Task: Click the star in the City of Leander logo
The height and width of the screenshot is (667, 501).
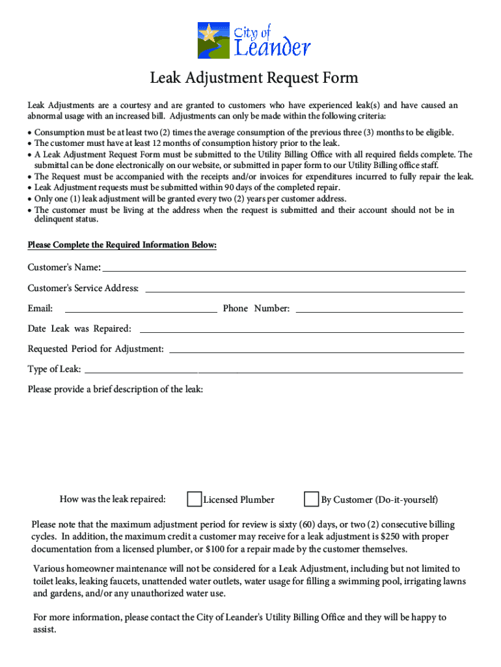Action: click(x=209, y=32)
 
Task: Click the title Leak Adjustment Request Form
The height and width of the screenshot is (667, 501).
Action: click(x=254, y=79)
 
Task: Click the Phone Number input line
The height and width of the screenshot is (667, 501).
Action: click(x=379, y=308)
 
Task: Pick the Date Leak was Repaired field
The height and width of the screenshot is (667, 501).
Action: click(x=301, y=328)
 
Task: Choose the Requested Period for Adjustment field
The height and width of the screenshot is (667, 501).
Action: click(x=316, y=348)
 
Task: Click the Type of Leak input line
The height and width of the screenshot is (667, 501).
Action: click(x=273, y=369)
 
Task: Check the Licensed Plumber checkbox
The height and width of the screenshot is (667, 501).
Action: click(x=194, y=500)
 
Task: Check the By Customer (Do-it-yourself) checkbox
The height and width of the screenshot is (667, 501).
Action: click(x=312, y=500)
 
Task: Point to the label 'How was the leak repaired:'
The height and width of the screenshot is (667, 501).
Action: click(x=113, y=500)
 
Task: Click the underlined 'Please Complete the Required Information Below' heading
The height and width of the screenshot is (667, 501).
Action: click(x=122, y=246)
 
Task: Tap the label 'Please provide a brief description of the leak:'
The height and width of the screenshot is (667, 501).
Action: click(x=115, y=390)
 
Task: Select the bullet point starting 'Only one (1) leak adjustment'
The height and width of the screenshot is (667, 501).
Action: click(x=190, y=199)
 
